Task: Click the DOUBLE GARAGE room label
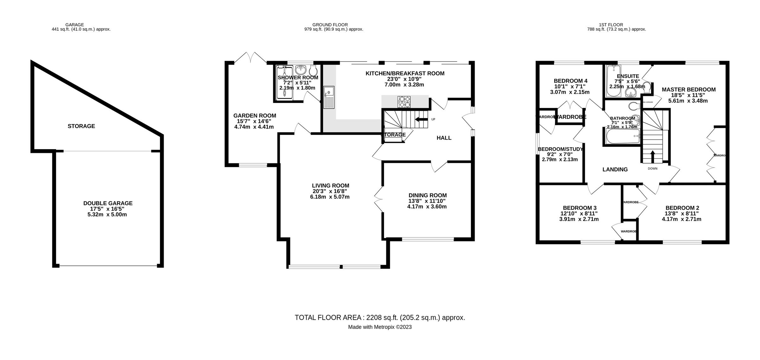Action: pyautogui.click(x=108, y=203)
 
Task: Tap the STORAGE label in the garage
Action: pyautogui.click(x=81, y=126)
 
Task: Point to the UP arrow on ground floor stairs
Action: pyautogui.click(x=421, y=119)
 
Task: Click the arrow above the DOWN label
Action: pyautogui.click(x=653, y=156)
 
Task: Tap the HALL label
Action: pyautogui.click(x=444, y=138)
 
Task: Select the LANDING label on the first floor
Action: pyautogui.click(x=615, y=169)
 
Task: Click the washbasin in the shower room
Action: pyautogui.click(x=301, y=69)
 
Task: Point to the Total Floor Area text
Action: pyautogui.click(x=380, y=318)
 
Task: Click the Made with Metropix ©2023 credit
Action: pyautogui.click(x=380, y=327)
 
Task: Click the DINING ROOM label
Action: pyautogui.click(x=427, y=195)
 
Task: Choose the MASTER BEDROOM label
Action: pyautogui.click(x=688, y=90)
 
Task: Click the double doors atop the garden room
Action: pyautogui.click(x=250, y=58)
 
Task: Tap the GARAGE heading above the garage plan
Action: pyautogui.click(x=74, y=25)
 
